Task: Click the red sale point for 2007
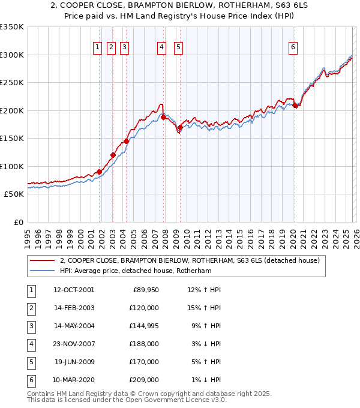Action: (x=163, y=118)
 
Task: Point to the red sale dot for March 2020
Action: (x=295, y=106)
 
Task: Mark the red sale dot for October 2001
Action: (x=99, y=172)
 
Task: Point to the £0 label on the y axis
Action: (x=18, y=222)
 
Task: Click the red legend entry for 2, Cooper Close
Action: (x=190, y=260)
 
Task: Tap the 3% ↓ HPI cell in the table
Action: (x=208, y=344)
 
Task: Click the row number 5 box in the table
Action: (x=29, y=362)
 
